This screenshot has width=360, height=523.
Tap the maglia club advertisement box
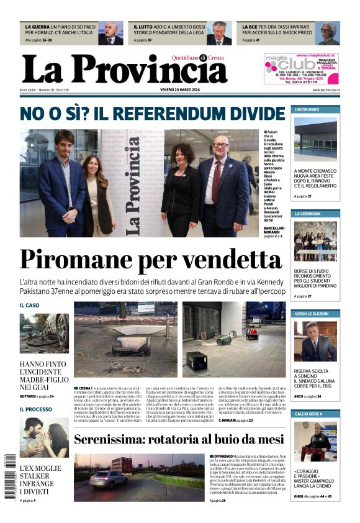coord(300,68)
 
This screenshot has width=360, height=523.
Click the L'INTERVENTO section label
coord(308,110)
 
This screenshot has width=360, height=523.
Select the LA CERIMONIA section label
coord(308,214)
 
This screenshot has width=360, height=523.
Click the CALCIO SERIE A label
coord(310,414)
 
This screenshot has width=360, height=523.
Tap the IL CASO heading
coord(29,306)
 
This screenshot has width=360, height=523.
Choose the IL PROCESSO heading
coord(35,409)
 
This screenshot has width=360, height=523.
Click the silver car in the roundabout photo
coord(108,480)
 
